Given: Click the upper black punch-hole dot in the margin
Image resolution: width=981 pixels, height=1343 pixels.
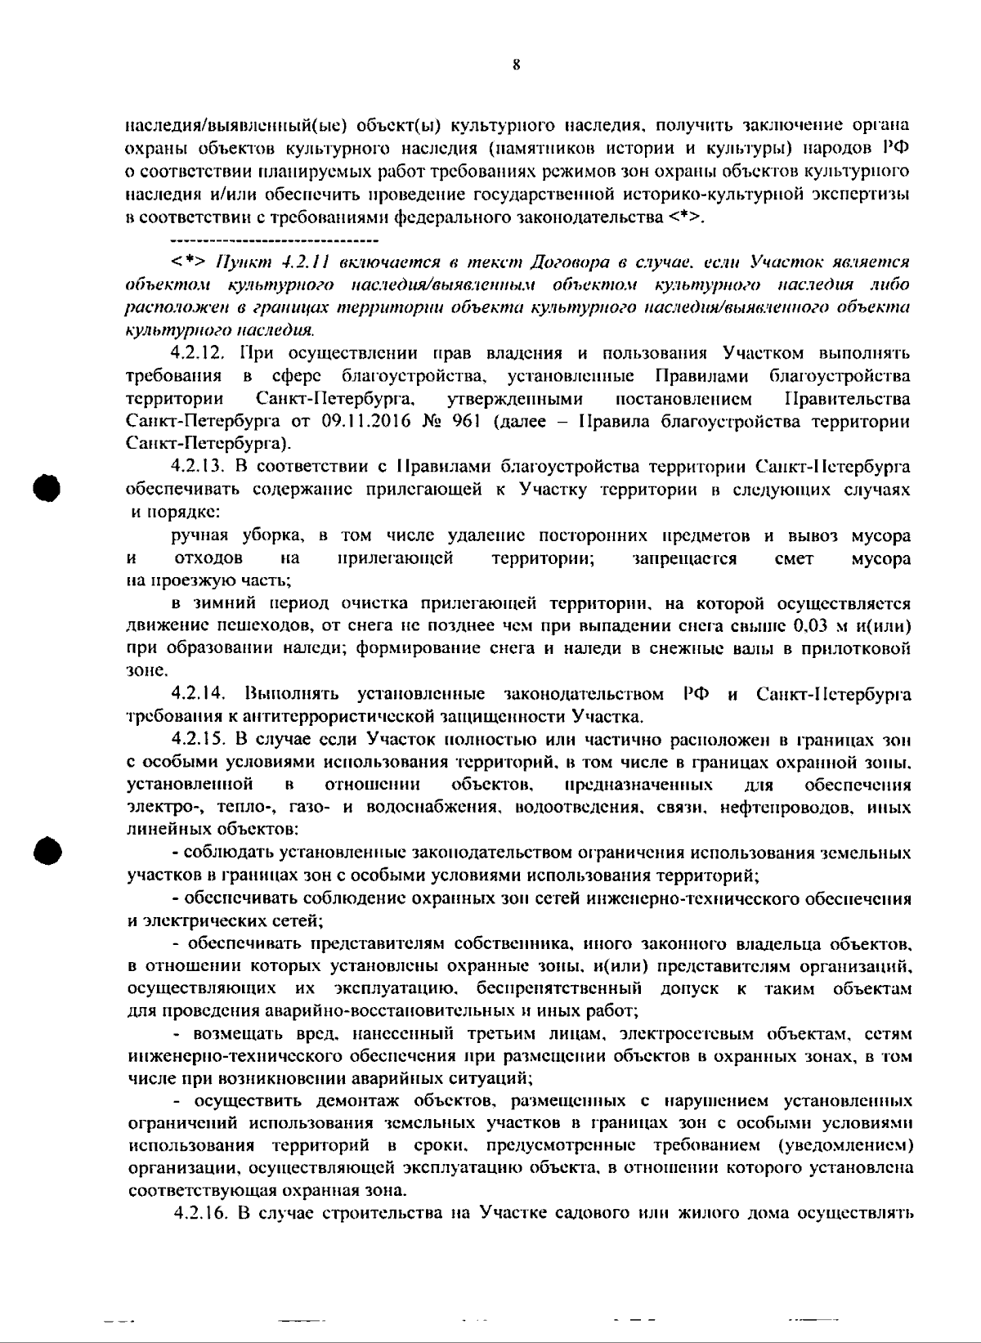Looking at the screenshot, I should point(47,488).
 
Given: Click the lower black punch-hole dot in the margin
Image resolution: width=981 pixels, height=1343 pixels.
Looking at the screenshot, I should point(47,849).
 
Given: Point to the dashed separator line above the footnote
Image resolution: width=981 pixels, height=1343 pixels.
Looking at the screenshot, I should point(275,241).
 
